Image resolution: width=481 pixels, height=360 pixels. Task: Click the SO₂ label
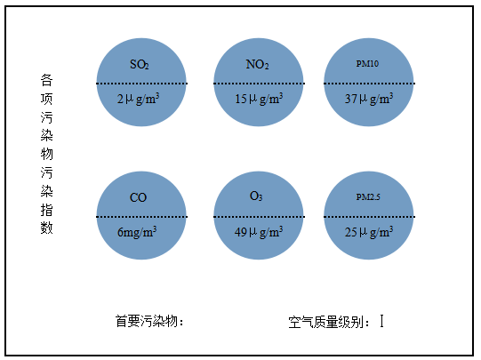[140, 64]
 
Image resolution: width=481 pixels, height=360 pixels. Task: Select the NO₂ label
[257, 64]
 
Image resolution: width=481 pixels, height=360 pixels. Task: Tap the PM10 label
[367, 63]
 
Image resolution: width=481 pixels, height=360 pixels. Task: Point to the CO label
[138, 197]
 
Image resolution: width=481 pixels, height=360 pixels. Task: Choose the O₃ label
[256, 196]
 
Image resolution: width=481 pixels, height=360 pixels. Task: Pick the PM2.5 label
[368, 196]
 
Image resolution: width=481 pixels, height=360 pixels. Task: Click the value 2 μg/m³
[138, 99]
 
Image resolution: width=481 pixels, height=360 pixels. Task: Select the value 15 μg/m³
[259, 99]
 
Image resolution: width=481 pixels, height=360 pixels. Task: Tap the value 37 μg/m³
[369, 99]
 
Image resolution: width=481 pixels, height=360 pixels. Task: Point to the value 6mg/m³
[137, 232]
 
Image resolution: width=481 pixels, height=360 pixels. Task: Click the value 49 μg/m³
[259, 232]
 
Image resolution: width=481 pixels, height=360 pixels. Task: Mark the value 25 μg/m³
[369, 232]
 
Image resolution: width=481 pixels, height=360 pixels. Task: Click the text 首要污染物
[147, 322]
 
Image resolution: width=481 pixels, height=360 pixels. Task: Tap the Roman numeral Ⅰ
[381, 321]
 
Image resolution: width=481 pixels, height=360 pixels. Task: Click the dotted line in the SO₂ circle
[141, 84]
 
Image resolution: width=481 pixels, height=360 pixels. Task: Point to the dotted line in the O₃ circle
[259, 217]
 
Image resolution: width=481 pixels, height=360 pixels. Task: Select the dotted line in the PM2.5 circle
[369, 217]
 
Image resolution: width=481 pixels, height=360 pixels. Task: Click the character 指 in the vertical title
[46, 210]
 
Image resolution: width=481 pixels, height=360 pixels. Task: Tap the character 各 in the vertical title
[46, 80]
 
